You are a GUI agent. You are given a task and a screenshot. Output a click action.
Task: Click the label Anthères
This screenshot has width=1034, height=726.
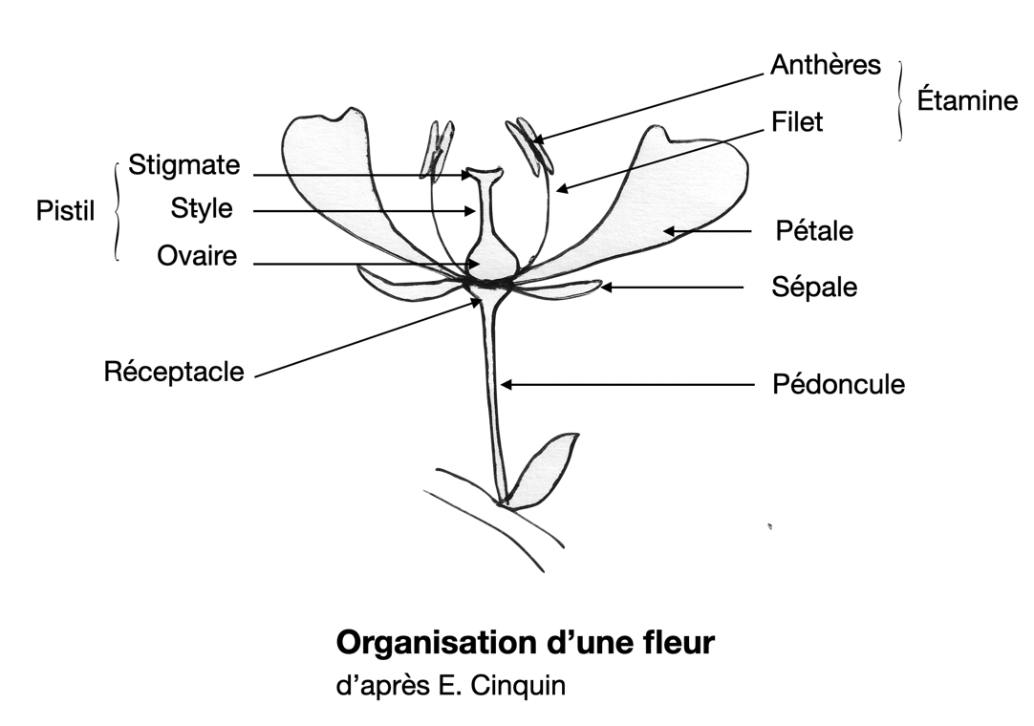pyautogui.click(x=825, y=66)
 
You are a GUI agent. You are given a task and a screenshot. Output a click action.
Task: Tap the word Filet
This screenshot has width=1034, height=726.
pyautogui.click(x=797, y=121)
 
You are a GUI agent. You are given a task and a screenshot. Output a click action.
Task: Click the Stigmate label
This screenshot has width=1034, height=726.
pyautogui.click(x=184, y=165)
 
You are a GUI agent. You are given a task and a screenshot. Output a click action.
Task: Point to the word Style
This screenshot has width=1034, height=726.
pyautogui.click(x=202, y=207)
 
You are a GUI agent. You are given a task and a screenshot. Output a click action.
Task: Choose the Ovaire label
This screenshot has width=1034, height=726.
pyautogui.click(x=198, y=256)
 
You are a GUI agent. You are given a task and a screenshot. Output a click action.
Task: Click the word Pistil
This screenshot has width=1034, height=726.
pyautogui.click(x=66, y=210)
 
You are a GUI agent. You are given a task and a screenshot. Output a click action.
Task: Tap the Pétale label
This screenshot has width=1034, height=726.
pyautogui.click(x=814, y=231)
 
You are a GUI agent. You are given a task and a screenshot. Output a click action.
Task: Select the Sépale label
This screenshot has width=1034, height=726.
pyautogui.click(x=814, y=287)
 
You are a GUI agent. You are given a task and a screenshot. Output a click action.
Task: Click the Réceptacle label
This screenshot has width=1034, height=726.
pyautogui.click(x=174, y=372)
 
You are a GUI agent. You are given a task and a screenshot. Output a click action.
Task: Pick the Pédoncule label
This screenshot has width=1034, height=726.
pyautogui.click(x=838, y=385)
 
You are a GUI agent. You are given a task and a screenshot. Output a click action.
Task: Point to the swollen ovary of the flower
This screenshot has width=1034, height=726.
pyautogui.click(x=493, y=256)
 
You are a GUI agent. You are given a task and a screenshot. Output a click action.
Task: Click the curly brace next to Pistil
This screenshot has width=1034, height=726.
pyautogui.click(x=117, y=210)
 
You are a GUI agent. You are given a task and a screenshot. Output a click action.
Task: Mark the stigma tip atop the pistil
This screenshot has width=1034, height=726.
pyautogui.click(x=484, y=174)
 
